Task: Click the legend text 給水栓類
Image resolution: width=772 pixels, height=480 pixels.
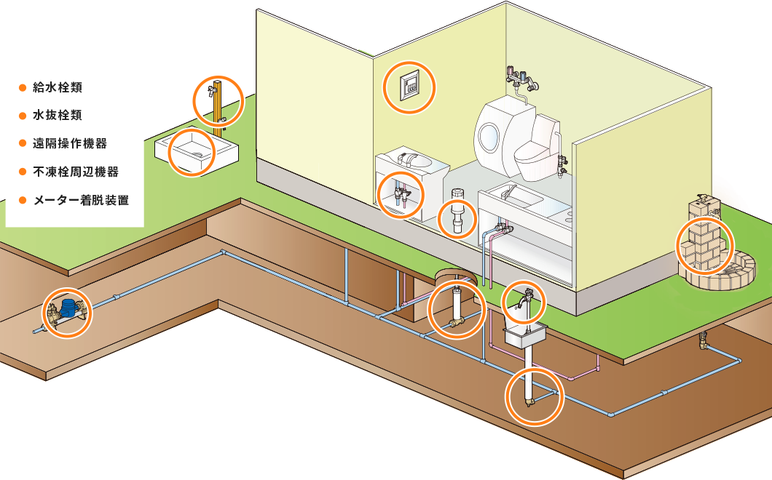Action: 57,87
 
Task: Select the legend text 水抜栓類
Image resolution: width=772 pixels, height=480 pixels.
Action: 57,115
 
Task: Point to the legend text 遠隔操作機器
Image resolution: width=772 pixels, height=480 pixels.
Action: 69,143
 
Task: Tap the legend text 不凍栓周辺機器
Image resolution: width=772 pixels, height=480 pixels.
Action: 76,172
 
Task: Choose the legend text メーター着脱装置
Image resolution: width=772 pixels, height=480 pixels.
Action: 82,200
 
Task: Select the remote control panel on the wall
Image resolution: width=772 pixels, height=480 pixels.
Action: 409,87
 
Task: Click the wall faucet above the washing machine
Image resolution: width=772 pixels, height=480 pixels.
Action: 522,79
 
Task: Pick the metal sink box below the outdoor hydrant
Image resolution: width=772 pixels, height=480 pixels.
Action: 525,335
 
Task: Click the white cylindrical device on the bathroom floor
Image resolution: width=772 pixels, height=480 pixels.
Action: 457,212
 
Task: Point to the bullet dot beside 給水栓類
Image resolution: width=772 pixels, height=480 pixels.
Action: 22,88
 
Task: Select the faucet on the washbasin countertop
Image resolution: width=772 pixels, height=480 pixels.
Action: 406,158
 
